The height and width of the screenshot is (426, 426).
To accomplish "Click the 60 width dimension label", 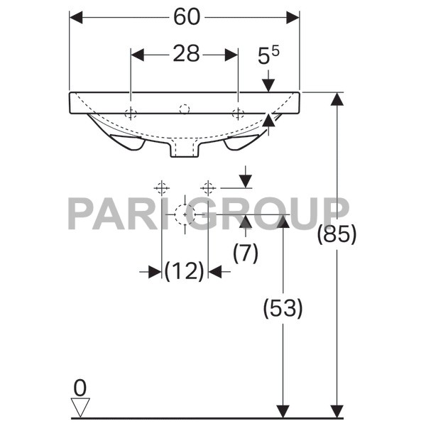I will tap(185, 17).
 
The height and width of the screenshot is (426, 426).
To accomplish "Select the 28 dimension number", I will tap(186, 55).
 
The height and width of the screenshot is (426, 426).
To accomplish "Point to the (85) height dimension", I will tap(336, 234).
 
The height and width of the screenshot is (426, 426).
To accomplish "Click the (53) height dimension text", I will tap(283, 308).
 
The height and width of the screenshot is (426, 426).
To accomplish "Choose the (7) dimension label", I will tap(245, 252).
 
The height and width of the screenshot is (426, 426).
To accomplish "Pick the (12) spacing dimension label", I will tap(185, 271).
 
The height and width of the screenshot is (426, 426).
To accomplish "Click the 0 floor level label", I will tap(80, 388).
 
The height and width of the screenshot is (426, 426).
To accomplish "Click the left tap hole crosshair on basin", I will tap(131, 113).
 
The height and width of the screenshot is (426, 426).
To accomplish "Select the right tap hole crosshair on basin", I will tap(238, 113).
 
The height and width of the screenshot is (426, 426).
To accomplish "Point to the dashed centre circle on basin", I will tap(185, 109).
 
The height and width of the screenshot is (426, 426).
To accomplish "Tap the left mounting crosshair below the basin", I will tap(162, 187).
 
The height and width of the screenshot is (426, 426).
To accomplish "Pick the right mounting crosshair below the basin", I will tap(207, 187).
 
